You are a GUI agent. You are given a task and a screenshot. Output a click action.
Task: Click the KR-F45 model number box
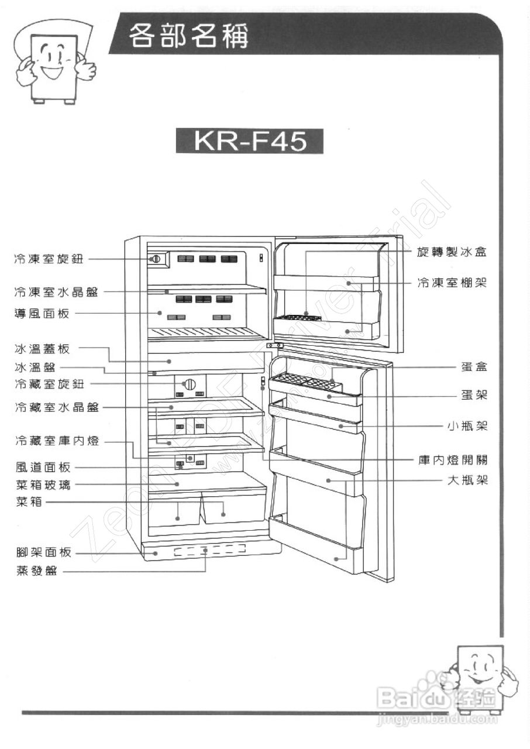pyautogui.click(x=250, y=142)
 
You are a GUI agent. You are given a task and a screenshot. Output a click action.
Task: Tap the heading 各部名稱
pyautogui.click(x=188, y=36)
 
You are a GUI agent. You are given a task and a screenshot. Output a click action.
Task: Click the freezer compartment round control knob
pyautogui.click(x=156, y=259)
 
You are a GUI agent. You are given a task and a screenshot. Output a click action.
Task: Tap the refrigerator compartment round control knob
pyautogui.click(x=189, y=384)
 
